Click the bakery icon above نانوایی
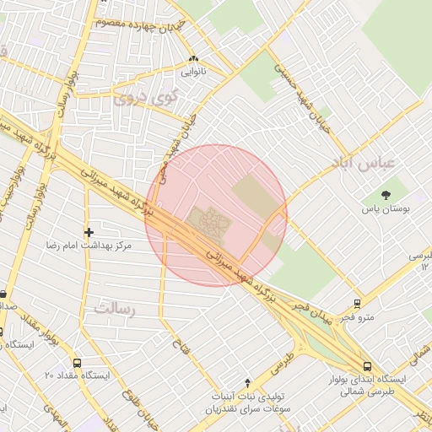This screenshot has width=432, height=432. tap(194, 59)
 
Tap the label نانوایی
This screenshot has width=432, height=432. tap(193, 73)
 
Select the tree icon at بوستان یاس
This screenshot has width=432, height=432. tap(386, 193)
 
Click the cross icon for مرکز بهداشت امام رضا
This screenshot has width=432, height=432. tap(89, 231)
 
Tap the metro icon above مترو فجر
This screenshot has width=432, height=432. tap(358, 303)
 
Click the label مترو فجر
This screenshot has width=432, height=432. tap(358, 317)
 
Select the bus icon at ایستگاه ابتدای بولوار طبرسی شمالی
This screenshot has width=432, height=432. tap(367, 366)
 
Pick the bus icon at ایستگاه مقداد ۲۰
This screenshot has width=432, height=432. tap(77, 362)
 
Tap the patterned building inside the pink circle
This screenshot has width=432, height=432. tap(208, 223)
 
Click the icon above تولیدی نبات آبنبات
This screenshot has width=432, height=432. tap(247, 382)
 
